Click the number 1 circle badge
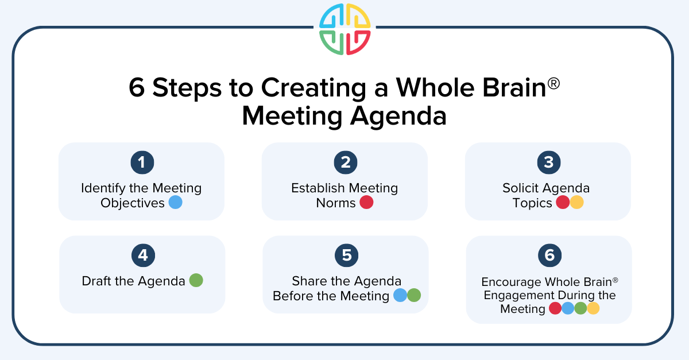(x=142, y=162)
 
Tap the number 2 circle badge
(x=345, y=162)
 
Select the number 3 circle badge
(x=548, y=162)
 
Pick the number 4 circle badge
(x=143, y=255)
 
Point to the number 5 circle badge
(x=346, y=255)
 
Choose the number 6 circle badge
(x=549, y=255)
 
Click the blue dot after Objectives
(x=176, y=202)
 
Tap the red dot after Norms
(x=366, y=202)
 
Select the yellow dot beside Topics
(x=576, y=202)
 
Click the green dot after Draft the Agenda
(x=196, y=280)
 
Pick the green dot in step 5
(x=414, y=295)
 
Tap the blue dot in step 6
(x=568, y=308)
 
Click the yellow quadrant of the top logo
(x=358, y=17)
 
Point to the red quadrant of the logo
(x=358, y=42)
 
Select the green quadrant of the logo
(x=332, y=42)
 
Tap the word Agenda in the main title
(x=398, y=116)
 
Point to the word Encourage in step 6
(x=512, y=282)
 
